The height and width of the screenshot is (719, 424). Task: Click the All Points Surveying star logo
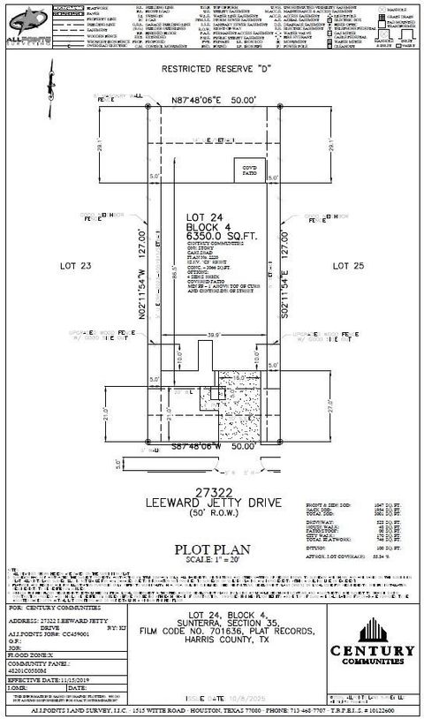[x=26, y=19]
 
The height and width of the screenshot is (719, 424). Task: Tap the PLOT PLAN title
[x=211, y=547]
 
